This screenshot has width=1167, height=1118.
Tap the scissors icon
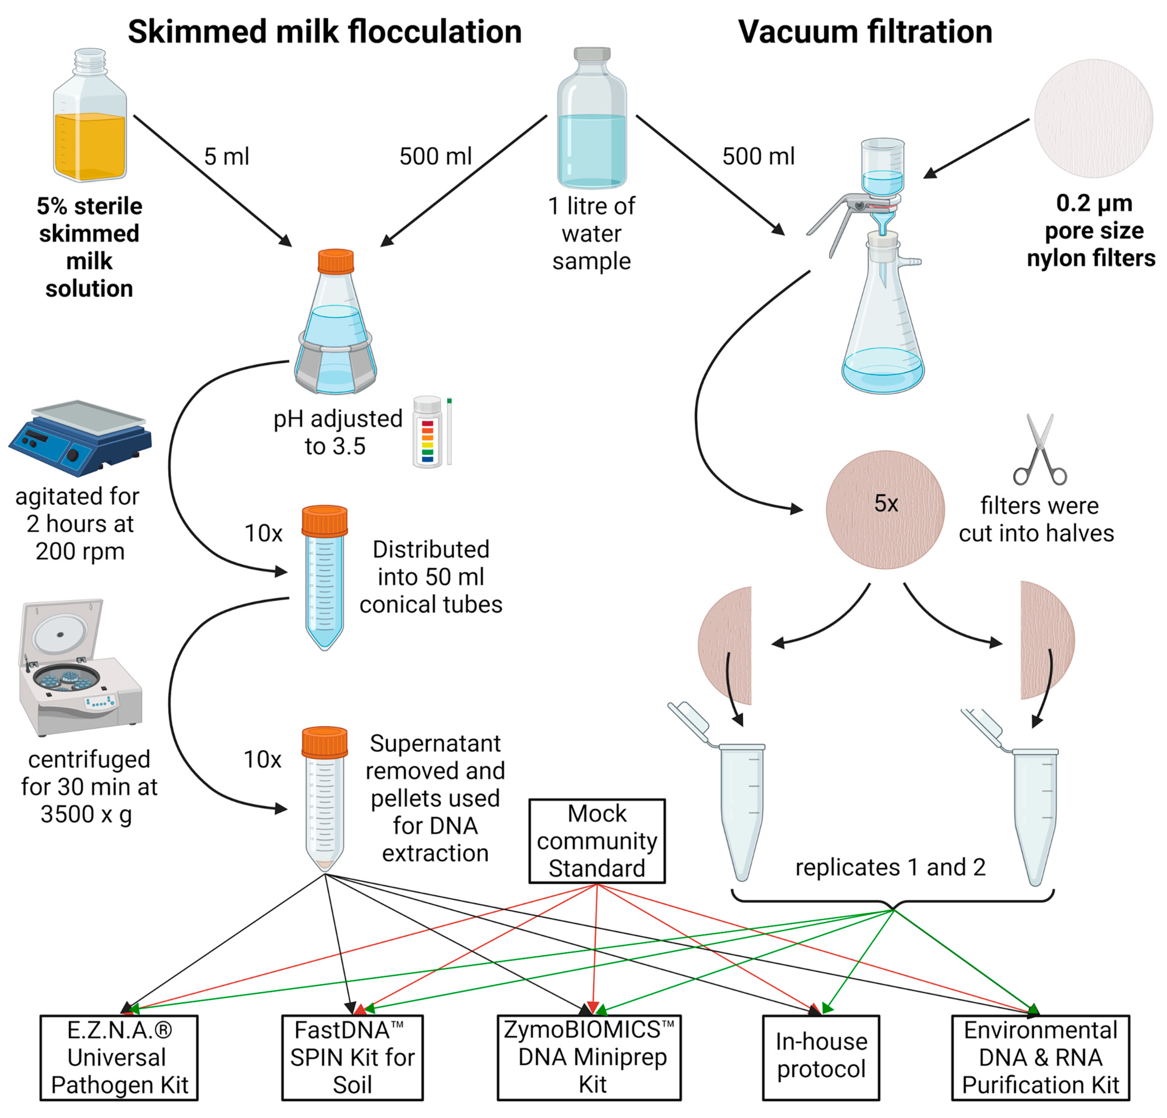click(1040, 450)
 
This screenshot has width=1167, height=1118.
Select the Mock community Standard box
click(597, 841)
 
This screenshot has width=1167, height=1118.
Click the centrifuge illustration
click(80, 667)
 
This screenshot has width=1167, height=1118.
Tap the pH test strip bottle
click(427, 431)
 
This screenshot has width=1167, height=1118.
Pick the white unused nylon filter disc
click(1093, 119)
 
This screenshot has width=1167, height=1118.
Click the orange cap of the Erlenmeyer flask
click(336, 261)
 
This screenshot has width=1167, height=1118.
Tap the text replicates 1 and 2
click(890, 868)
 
